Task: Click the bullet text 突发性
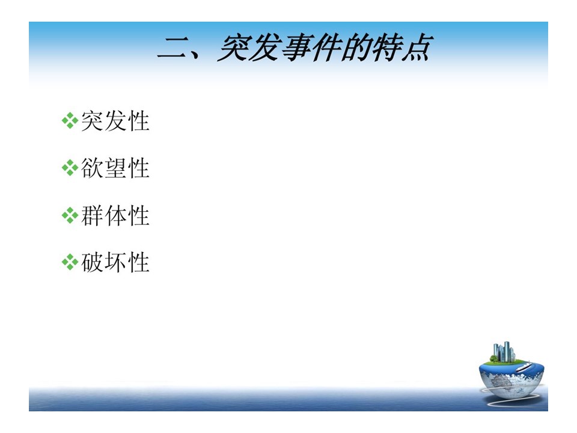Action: click(x=115, y=121)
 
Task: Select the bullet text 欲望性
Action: click(x=115, y=168)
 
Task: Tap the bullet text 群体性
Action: click(x=115, y=215)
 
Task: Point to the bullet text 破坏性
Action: click(x=115, y=263)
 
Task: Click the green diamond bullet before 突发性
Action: click(x=70, y=121)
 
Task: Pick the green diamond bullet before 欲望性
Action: click(x=70, y=168)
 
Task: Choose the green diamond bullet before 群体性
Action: click(x=70, y=215)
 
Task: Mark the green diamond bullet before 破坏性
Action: click(x=70, y=263)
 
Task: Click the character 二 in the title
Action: click(x=173, y=49)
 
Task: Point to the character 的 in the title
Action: click(x=356, y=48)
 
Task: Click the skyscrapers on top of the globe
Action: click(x=502, y=352)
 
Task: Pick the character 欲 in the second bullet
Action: click(x=92, y=168)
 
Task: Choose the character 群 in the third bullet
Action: click(x=92, y=215)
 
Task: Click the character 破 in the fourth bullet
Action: click(x=92, y=263)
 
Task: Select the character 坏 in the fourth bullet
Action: click(x=115, y=263)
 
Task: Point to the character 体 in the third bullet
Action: click(x=115, y=215)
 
